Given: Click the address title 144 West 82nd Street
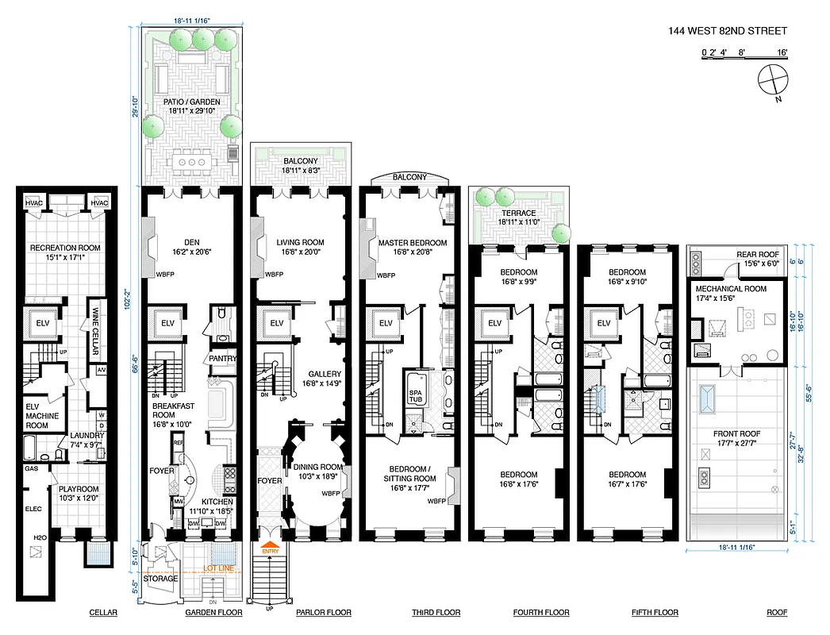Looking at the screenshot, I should coord(728,31).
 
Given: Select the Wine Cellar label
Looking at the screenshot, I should coord(94,322).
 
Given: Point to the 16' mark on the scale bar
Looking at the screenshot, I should coord(782,53).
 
